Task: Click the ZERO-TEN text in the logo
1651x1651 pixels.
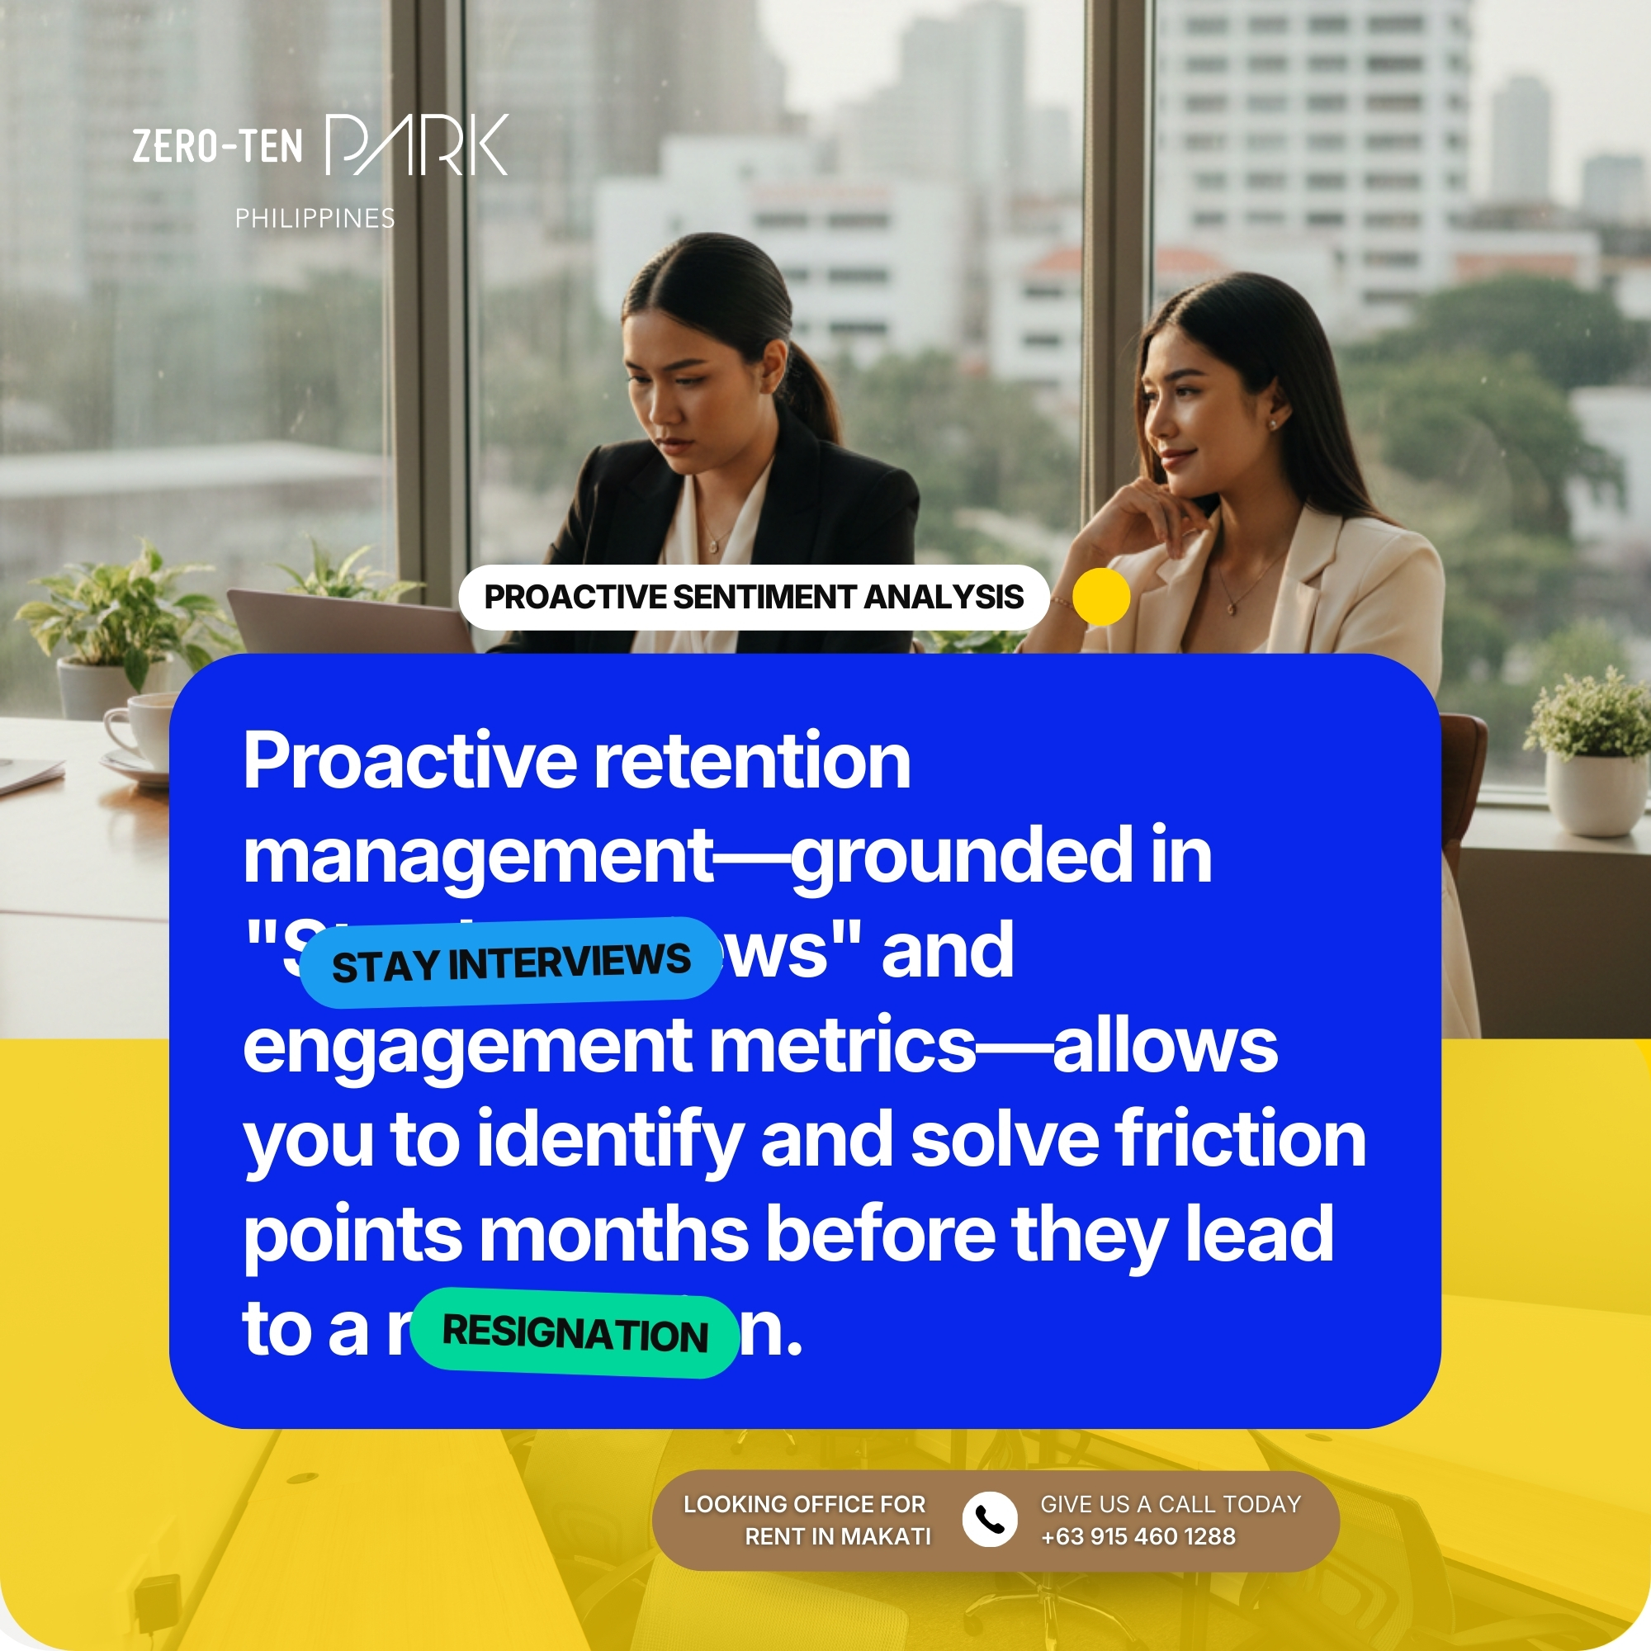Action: point(217,146)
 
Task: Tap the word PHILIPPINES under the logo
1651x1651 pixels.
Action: point(315,219)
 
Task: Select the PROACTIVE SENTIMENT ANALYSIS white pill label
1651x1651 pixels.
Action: point(753,598)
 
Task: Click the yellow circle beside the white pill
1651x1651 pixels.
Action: point(1100,597)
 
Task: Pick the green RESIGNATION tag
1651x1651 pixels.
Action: point(575,1333)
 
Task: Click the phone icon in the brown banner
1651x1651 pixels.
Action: point(989,1520)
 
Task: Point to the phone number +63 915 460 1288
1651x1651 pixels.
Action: point(1138,1536)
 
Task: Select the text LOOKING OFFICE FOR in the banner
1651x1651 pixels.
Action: point(804,1504)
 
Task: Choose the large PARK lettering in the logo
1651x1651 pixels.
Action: point(417,145)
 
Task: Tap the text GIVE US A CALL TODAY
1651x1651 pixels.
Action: point(1170,1504)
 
